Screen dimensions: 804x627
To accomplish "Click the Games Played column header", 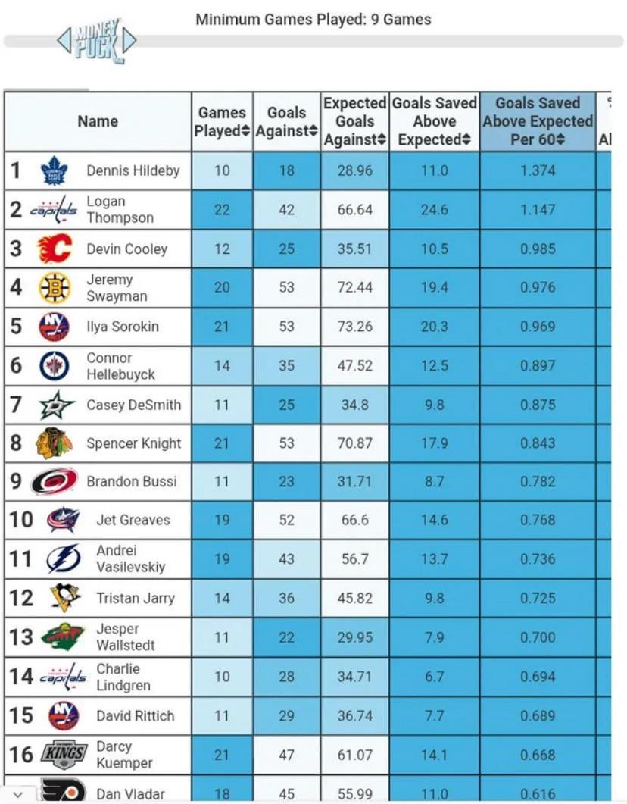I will tap(222, 121).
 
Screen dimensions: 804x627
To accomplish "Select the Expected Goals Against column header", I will tap(355, 121).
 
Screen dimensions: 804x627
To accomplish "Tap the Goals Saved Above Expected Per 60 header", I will tap(538, 121).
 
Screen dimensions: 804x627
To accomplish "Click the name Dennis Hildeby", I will tap(133, 170).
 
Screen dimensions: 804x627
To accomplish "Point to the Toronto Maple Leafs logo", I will tap(54, 170).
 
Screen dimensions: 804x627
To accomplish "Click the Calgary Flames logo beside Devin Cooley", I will tap(54, 249).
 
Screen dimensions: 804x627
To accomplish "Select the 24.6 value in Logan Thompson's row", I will tap(435, 210).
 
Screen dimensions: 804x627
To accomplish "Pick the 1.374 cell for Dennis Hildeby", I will tap(538, 170).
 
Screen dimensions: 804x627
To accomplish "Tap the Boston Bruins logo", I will tap(54, 288).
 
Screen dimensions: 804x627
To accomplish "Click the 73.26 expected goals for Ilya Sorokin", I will tap(355, 327).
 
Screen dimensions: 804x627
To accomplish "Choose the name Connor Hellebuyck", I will tap(120, 366).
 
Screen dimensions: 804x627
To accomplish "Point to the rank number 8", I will tap(16, 443).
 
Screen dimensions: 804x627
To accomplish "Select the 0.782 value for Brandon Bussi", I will tap(538, 481).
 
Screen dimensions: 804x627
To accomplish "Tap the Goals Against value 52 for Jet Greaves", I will tap(286, 520).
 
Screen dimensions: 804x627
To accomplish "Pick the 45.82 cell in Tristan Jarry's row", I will tap(355, 598).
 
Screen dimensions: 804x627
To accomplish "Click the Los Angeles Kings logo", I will tap(63, 754).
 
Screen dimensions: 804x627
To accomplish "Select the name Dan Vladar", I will tap(130, 793).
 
